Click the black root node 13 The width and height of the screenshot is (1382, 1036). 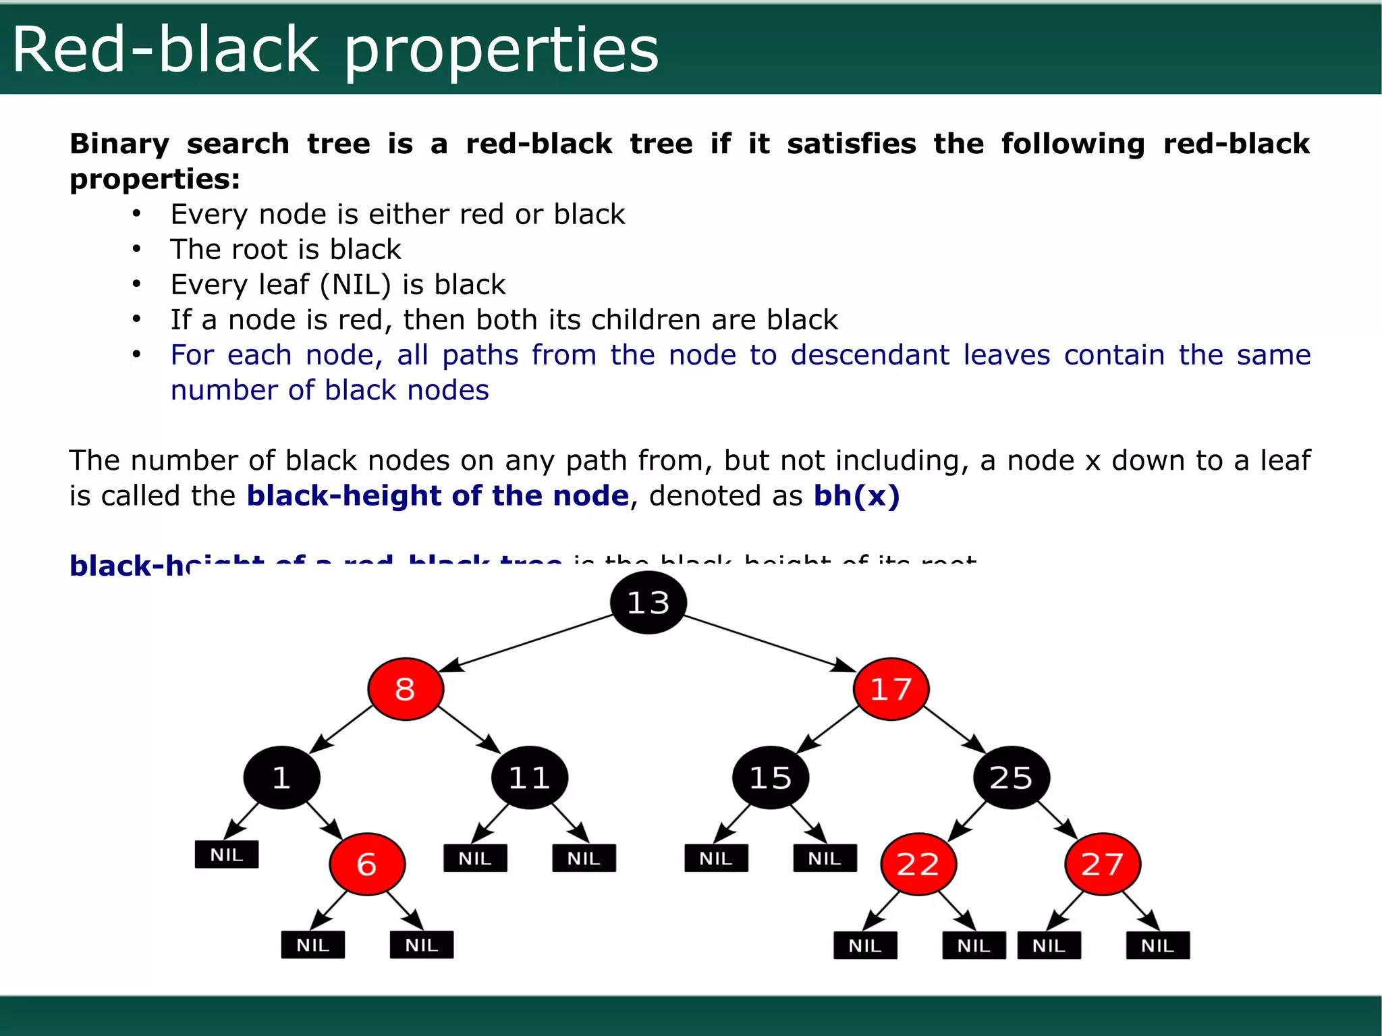648,603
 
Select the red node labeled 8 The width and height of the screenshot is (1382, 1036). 406,689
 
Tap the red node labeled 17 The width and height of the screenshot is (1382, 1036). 891,689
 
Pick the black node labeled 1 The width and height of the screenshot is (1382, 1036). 281,778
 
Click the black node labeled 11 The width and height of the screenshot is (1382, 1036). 530,778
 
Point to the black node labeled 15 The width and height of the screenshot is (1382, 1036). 771,778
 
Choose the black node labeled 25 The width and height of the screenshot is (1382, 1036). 1011,778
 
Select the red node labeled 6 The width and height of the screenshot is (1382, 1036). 367,864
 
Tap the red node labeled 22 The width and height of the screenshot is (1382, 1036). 918,864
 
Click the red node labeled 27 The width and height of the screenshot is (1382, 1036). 1103,864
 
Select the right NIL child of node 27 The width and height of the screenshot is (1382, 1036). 1157,945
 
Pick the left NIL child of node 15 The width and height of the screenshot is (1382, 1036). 716,858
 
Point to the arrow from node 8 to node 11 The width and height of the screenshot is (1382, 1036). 468,729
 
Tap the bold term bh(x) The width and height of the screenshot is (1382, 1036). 856,495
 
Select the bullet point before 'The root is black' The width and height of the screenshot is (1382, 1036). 136,249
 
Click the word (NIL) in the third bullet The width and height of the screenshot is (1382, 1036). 355,284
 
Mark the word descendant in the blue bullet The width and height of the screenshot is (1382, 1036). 870,355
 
